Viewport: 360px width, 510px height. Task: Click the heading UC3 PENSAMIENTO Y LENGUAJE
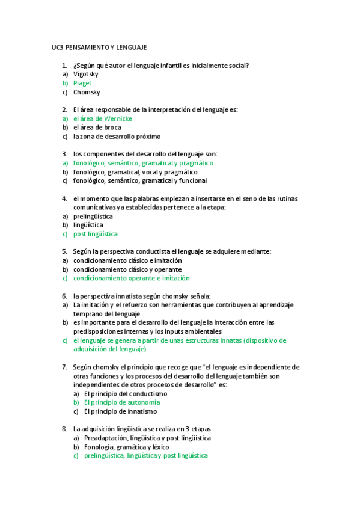click(x=99, y=47)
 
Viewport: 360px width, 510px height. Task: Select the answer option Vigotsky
click(x=85, y=74)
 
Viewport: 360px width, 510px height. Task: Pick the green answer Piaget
click(x=82, y=83)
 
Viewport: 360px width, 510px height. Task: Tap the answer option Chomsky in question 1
click(x=87, y=92)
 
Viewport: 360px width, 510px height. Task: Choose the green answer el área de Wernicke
click(x=102, y=119)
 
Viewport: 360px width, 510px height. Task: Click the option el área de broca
click(x=97, y=127)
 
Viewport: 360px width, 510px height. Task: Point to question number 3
click(x=64, y=154)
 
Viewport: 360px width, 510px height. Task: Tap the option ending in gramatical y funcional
click(x=139, y=180)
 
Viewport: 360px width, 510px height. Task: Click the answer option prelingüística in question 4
click(x=93, y=216)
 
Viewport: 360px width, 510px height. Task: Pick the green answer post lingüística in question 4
click(x=95, y=234)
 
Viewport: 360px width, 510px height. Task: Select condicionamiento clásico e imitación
click(x=127, y=260)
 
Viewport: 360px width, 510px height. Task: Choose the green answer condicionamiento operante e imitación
click(x=131, y=278)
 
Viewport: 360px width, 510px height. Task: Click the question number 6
click(x=64, y=296)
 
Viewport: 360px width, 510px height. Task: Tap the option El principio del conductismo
click(x=125, y=393)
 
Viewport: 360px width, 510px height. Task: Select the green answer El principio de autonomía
click(x=121, y=402)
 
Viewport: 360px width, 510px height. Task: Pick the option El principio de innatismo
click(x=120, y=411)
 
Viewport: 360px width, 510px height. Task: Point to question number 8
click(x=64, y=429)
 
